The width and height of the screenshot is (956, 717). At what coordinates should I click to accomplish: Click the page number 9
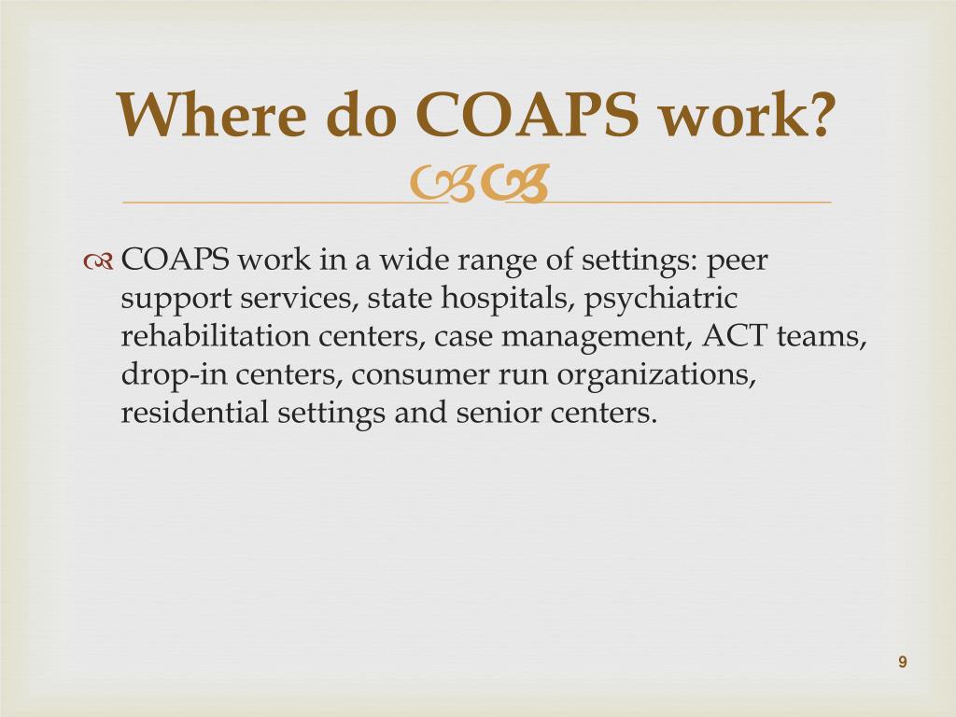tap(903, 662)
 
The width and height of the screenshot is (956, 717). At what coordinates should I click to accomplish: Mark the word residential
tap(196, 413)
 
